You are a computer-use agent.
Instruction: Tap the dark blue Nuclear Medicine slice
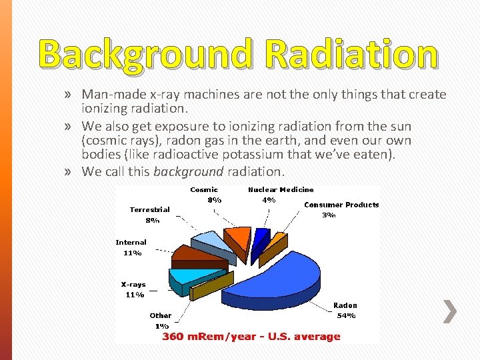(x=262, y=237)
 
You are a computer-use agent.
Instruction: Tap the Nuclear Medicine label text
(x=281, y=189)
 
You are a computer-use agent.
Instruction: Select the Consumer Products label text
(x=341, y=205)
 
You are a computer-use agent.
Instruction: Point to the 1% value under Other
(x=161, y=326)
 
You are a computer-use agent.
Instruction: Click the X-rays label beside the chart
(x=133, y=284)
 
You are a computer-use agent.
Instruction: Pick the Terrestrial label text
(x=149, y=209)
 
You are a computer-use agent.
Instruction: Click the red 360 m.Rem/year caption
(x=251, y=336)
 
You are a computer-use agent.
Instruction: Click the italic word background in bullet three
(x=189, y=171)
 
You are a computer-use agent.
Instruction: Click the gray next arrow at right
(x=451, y=311)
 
